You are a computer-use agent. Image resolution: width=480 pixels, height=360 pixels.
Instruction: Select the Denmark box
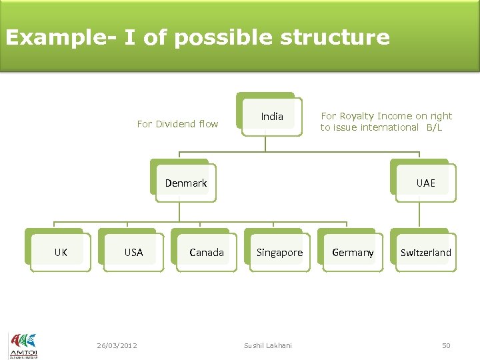185,183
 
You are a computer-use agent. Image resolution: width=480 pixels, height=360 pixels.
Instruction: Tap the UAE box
425,183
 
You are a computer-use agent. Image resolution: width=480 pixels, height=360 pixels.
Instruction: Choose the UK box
60,252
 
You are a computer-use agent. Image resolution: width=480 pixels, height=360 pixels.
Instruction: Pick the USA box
133,252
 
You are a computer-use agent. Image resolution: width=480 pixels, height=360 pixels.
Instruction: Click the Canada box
206,252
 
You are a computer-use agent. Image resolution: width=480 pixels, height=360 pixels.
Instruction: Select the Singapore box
279,252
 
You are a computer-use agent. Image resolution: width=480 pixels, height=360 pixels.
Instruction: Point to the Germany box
353,252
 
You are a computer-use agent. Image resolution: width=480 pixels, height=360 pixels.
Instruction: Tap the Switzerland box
425,252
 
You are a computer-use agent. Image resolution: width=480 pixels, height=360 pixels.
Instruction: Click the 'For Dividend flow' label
177,123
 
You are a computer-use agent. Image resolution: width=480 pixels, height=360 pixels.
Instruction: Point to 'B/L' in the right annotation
435,127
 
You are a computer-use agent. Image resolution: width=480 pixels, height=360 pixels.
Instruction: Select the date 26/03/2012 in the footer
117,345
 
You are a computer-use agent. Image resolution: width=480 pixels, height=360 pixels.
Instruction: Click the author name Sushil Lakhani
267,345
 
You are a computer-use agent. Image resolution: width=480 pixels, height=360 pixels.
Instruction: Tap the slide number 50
446,345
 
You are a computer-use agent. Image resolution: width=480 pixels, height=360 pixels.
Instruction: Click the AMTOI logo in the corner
23,345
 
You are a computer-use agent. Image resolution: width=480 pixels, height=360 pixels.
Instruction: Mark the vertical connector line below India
266,145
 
